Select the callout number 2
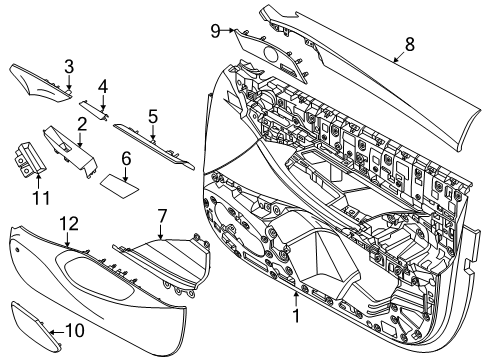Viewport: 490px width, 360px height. pyautogui.click(x=80, y=123)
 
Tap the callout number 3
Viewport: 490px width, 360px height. pyautogui.click(x=68, y=67)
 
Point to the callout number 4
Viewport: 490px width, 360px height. pyautogui.click(x=102, y=85)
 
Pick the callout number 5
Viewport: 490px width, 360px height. pyautogui.click(x=152, y=116)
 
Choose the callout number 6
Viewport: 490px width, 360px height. pyautogui.click(x=126, y=158)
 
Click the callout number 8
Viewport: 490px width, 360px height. pyautogui.click(x=408, y=44)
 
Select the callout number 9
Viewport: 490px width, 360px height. pyautogui.click(x=214, y=31)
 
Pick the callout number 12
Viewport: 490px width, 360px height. pyautogui.click(x=68, y=222)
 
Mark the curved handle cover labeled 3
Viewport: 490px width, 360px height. pyautogui.click(x=38, y=78)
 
